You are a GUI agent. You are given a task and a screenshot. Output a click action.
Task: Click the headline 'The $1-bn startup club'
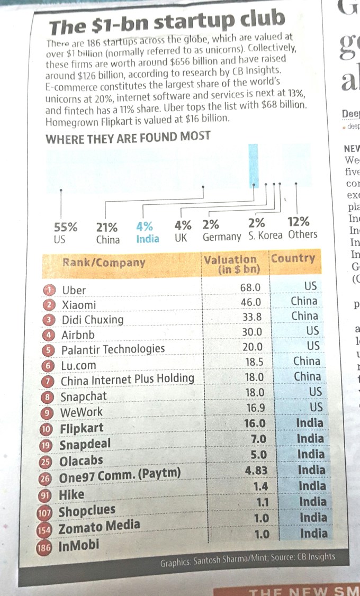(167, 24)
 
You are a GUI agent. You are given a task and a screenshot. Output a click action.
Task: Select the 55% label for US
(66, 227)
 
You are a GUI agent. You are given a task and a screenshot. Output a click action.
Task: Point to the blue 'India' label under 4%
(148, 238)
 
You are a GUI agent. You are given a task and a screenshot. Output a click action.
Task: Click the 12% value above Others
(298, 222)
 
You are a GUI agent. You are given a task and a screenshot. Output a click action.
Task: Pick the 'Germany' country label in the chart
(222, 237)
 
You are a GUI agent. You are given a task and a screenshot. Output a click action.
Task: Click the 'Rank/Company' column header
(104, 262)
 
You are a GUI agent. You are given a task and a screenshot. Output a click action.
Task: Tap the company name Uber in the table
(74, 290)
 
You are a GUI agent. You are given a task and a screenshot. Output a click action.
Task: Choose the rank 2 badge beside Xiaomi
(49, 305)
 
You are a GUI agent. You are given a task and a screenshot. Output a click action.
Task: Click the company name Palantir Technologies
(113, 349)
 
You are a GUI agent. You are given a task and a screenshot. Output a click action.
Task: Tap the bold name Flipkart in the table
(82, 428)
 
